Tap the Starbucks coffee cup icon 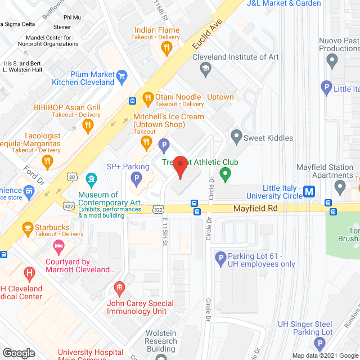tap(27, 227)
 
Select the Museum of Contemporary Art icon tap(91, 181)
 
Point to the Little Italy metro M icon tap(309, 192)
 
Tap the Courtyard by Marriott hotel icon tap(58, 246)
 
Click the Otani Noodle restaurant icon tap(148, 98)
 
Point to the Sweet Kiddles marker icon tap(236, 137)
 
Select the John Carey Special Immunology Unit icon tap(119, 289)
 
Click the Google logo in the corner tap(19, 353)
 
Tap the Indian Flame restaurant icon tap(166, 48)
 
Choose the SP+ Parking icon tap(136, 179)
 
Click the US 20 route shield tap(72, 177)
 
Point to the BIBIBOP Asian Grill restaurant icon tap(87, 126)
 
